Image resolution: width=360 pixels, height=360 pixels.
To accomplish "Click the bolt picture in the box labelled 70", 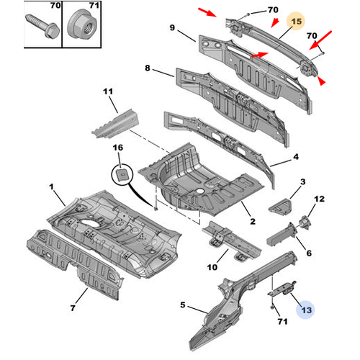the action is (x=42, y=26).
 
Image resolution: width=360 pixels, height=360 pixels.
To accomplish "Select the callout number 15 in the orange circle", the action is (x=297, y=22).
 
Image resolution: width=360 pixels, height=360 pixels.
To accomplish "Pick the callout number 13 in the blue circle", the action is (x=306, y=310).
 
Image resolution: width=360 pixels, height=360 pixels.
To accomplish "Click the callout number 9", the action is (x=172, y=27).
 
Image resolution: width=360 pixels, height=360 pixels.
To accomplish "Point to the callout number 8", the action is (x=148, y=68).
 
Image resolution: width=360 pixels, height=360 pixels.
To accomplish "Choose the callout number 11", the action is (x=108, y=91).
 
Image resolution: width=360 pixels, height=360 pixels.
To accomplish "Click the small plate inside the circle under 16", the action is (x=122, y=174).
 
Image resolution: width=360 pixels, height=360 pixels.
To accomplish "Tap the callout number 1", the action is (x=51, y=186).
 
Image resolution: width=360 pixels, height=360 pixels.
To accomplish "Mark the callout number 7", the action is (x=73, y=307).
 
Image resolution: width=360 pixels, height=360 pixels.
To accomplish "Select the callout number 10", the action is (x=212, y=267).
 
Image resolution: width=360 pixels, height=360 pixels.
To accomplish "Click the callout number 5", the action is (x=183, y=305).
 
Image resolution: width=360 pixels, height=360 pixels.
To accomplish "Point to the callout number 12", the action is (x=320, y=199).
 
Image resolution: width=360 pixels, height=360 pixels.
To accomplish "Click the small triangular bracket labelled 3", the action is (x=280, y=207).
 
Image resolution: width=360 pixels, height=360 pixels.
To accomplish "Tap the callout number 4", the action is (x=296, y=157).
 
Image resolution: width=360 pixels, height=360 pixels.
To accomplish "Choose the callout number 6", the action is (x=309, y=253).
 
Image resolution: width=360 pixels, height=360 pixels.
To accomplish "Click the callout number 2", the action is (x=253, y=221).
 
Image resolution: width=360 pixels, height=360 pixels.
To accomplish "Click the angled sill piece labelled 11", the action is (x=116, y=125).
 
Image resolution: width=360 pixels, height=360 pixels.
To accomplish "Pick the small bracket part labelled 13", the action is (x=282, y=289).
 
